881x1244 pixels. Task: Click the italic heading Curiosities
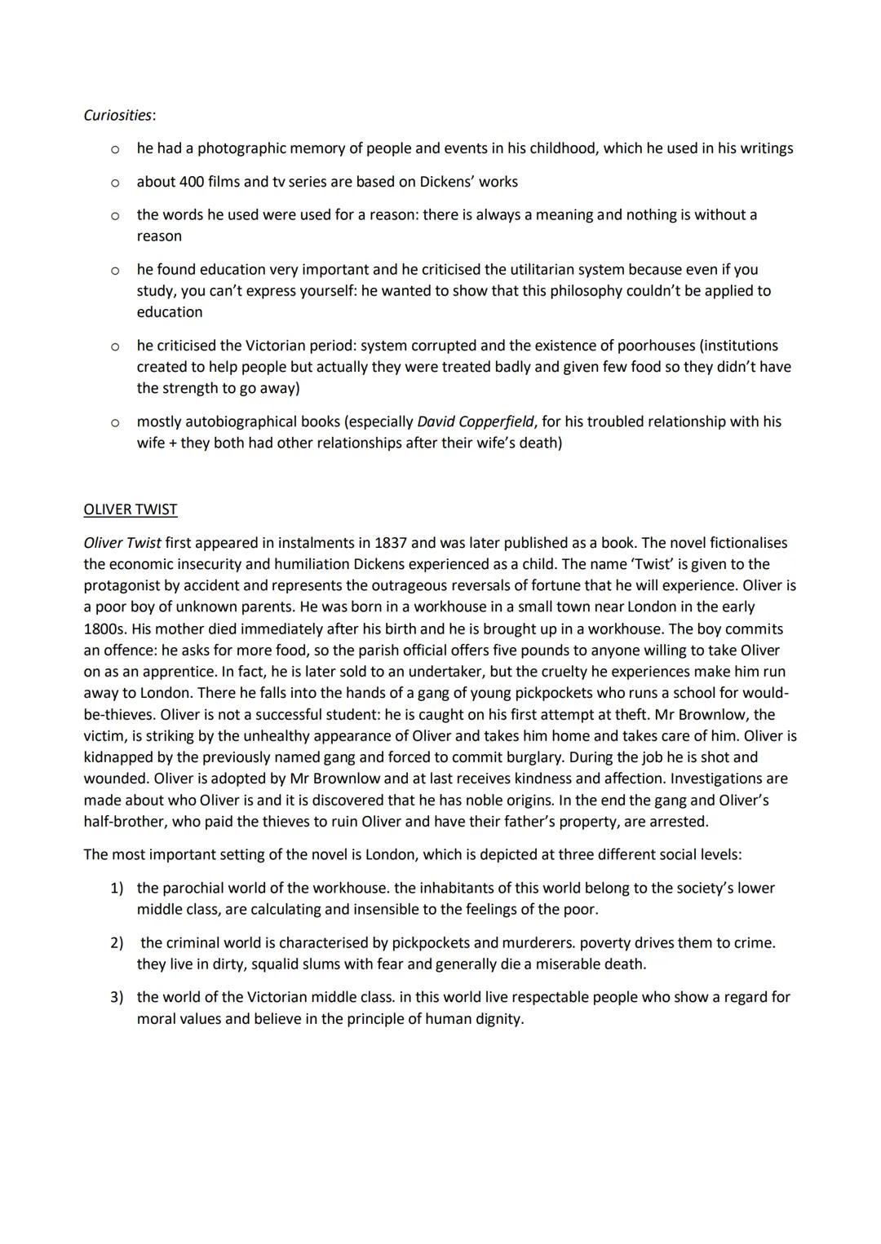click(118, 115)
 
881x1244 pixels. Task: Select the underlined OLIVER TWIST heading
click(130, 510)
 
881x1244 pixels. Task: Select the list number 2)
click(117, 943)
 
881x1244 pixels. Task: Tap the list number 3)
click(117, 997)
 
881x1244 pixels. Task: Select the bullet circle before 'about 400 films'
click(115, 183)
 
